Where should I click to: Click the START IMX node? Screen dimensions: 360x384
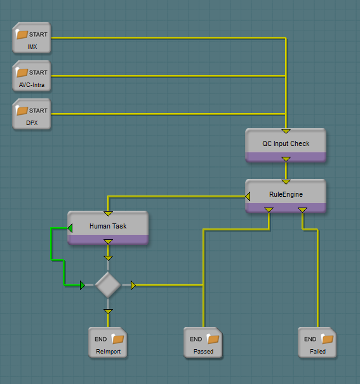pyautogui.click(x=32, y=37)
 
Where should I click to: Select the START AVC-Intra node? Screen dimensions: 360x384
pyautogui.click(x=32, y=76)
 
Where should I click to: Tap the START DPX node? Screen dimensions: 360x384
pyautogui.click(x=32, y=114)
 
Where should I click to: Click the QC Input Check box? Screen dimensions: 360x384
pyautogui.click(x=286, y=145)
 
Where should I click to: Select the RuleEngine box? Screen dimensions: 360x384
pyautogui.click(x=286, y=196)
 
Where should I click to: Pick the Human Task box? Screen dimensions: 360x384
pyautogui.click(x=108, y=228)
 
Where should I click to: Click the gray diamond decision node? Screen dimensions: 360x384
pyautogui.click(x=108, y=285)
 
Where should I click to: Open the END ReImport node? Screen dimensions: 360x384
pyautogui.click(x=108, y=342)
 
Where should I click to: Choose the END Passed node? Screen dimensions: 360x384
pyautogui.click(x=203, y=342)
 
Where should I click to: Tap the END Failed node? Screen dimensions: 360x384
pyautogui.click(x=317, y=342)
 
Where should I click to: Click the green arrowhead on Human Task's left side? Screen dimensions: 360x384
pyautogui.click(x=70, y=228)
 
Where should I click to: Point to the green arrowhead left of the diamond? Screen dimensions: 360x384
pyautogui.click(x=83, y=286)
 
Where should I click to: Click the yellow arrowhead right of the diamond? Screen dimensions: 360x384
pyautogui.click(x=133, y=286)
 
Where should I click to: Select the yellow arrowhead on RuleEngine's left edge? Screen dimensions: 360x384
pyautogui.click(x=248, y=196)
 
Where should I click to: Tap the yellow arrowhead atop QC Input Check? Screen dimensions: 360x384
pyautogui.click(x=286, y=131)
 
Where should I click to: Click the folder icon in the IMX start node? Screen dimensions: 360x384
pyautogui.click(x=22, y=34)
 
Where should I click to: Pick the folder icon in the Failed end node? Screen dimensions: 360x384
pyautogui.click(x=327, y=339)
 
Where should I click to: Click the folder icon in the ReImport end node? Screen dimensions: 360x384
pyautogui.click(x=118, y=339)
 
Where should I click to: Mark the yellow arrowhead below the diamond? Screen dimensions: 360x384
pyautogui.click(x=108, y=312)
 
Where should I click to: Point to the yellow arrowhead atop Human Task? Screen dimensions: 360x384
pyautogui.click(x=108, y=214)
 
